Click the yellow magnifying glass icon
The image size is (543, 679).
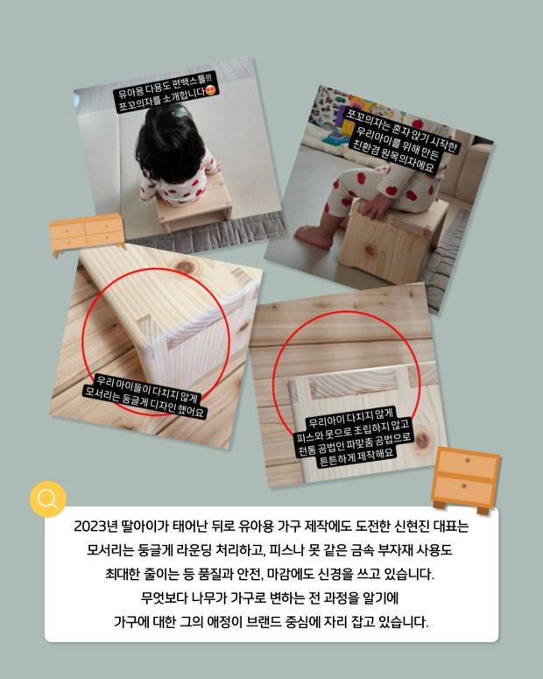pyautogui.click(x=47, y=499)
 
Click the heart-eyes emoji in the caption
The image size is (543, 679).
pyautogui.click(x=211, y=91)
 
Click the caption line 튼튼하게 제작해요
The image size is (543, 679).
pyautogui.click(x=356, y=456)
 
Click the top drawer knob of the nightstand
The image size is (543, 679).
pyautogui.click(x=467, y=460)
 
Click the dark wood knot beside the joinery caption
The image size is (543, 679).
pyautogui.click(x=422, y=438)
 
